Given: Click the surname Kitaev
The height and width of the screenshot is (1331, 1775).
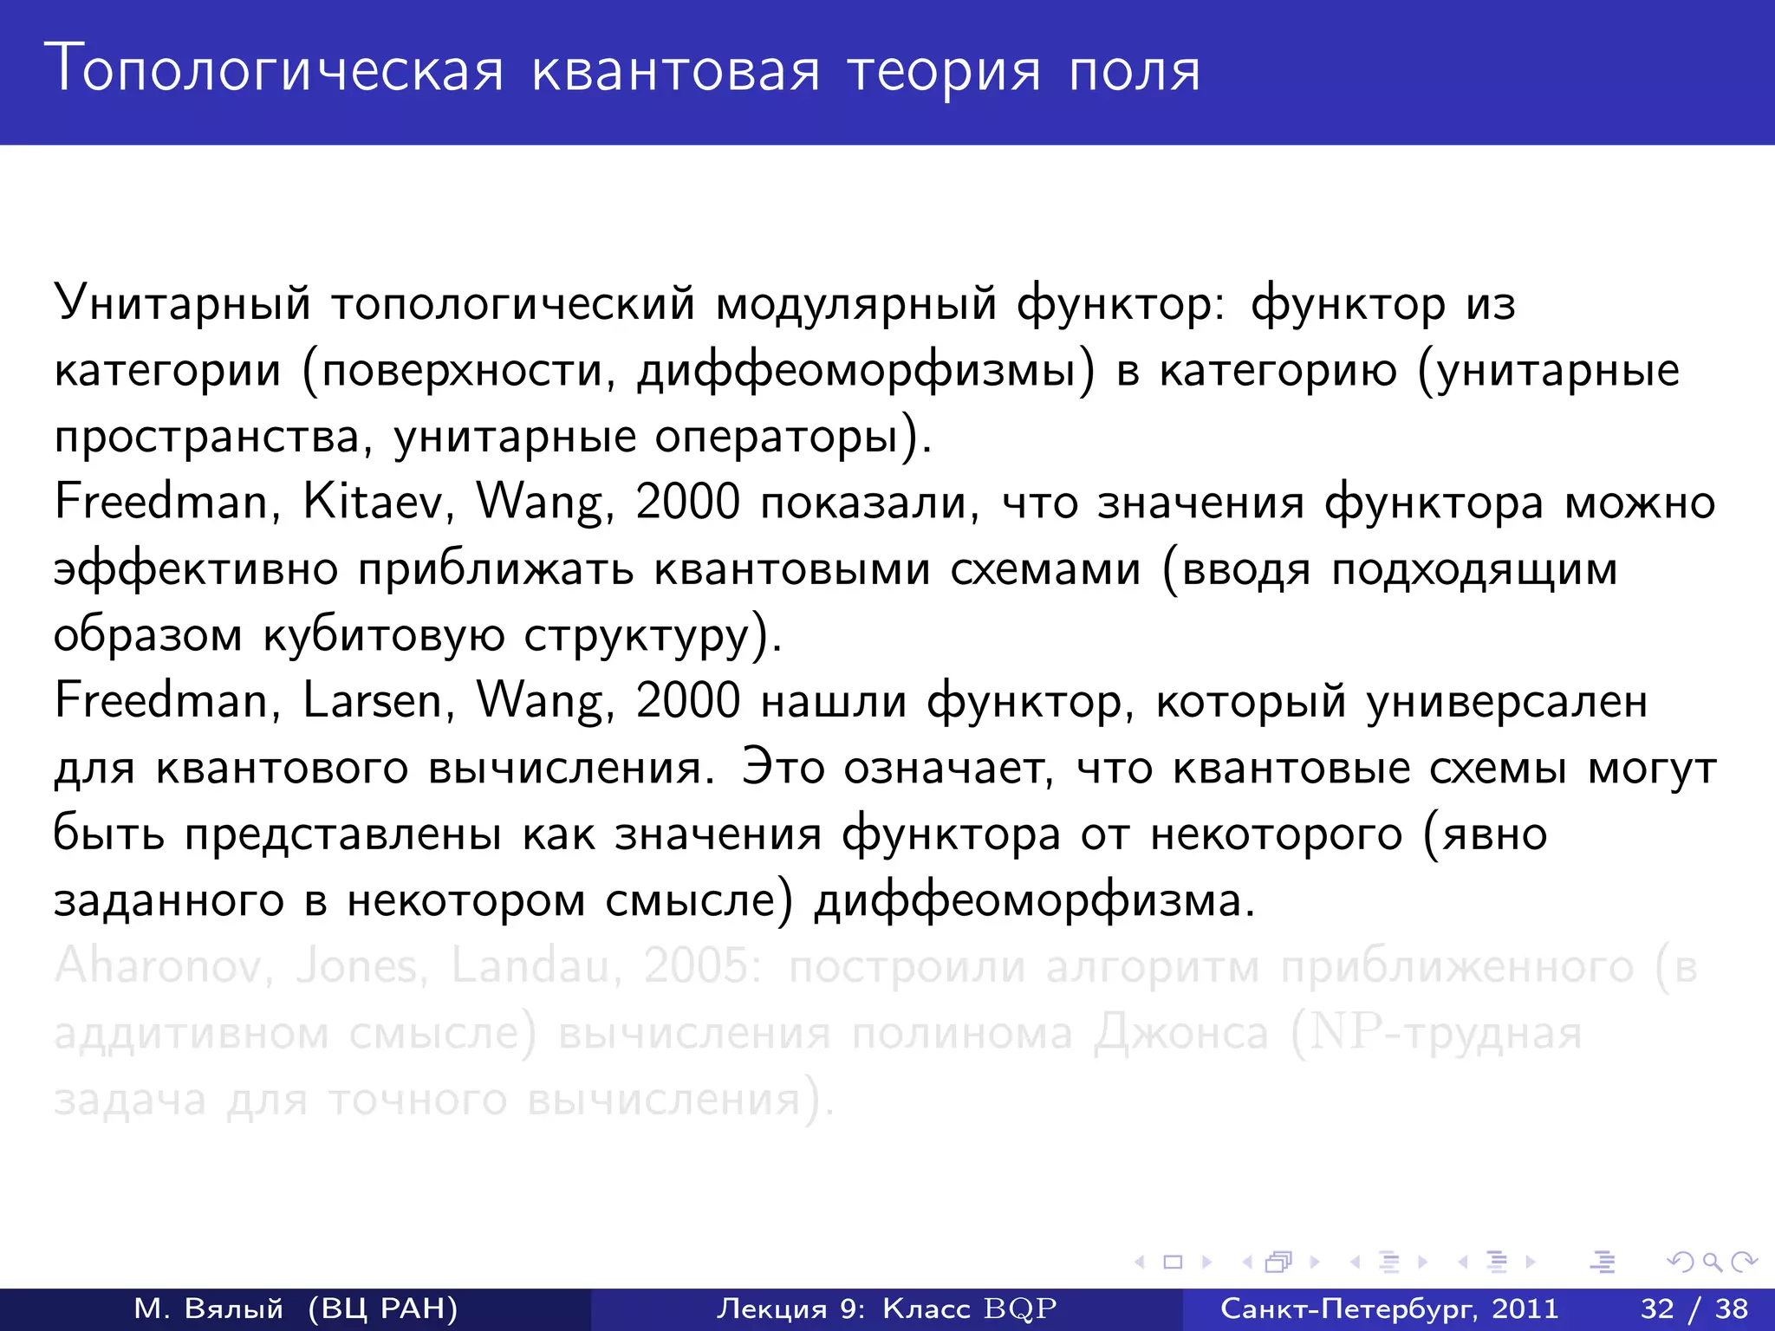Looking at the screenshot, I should (x=372, y=502).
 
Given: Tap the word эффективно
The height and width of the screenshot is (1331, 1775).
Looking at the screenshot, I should (x=196, y=569).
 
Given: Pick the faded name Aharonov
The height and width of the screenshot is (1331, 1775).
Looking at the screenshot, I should (x=158, y=965).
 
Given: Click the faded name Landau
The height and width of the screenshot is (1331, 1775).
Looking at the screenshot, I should (x=530, y=965).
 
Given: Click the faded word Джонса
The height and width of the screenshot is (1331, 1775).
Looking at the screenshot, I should (x=1180, y=1033).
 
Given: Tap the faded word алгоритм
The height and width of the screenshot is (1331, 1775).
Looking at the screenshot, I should (x=1153, y=967).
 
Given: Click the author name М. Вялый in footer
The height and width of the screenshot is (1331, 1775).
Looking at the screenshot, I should (x=208, y=1308).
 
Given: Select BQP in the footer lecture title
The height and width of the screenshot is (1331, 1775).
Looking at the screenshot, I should (x=1021, y=1308).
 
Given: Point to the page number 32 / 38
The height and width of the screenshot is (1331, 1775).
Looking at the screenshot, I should (x=1694, y=1308).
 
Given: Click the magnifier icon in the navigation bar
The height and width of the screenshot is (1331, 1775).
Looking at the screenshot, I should (x=1712, y=1263).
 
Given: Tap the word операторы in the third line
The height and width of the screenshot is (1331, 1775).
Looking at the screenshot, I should (x=776, y=436).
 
